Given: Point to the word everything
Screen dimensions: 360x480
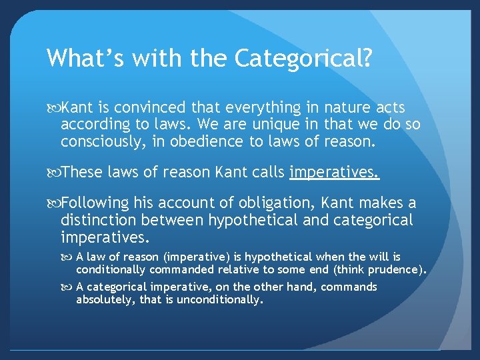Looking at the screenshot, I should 252,108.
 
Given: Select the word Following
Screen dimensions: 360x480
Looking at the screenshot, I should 95,203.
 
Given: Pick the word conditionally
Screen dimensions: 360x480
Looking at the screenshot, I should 111,269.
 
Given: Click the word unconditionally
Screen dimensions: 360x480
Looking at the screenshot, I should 220,300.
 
